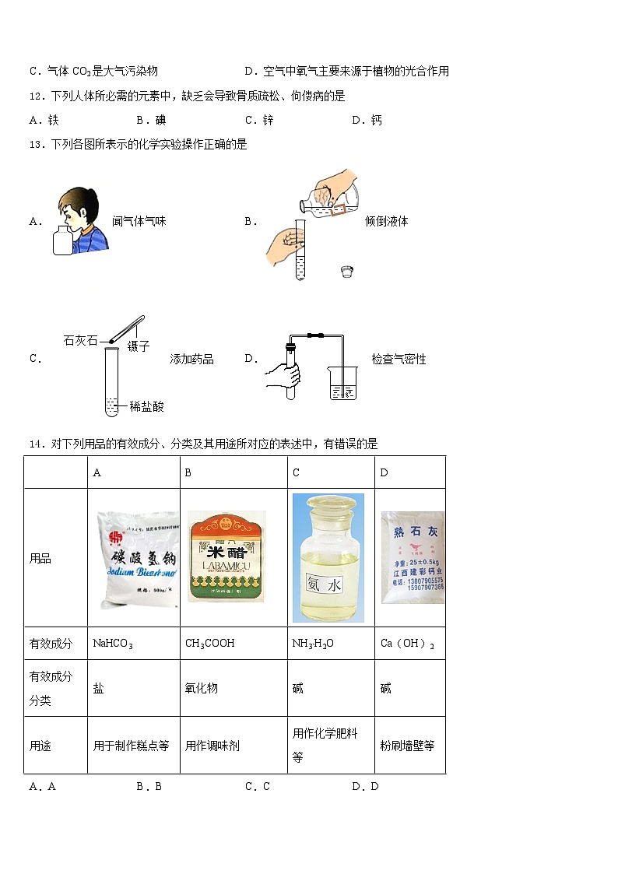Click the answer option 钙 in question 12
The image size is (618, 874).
coord(376,120)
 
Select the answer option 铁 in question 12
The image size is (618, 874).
coord(53,120)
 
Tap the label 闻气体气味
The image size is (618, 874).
coord(139,221)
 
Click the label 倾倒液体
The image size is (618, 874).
coord(387,221)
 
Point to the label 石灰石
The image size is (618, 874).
coord(79,339)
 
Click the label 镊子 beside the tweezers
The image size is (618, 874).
coord(139,347)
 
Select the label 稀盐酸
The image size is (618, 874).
coord(147,406)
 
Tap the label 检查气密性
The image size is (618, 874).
coord(399,359)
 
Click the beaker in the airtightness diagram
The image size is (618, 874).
coord(342,384)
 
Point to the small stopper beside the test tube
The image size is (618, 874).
coord(347,271)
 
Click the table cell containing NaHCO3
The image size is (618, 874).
coord(113,644)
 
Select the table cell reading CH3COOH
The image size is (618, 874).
coord(209,644)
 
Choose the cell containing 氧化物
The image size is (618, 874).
coord(201,689)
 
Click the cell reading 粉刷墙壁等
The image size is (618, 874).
coord(408,746)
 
